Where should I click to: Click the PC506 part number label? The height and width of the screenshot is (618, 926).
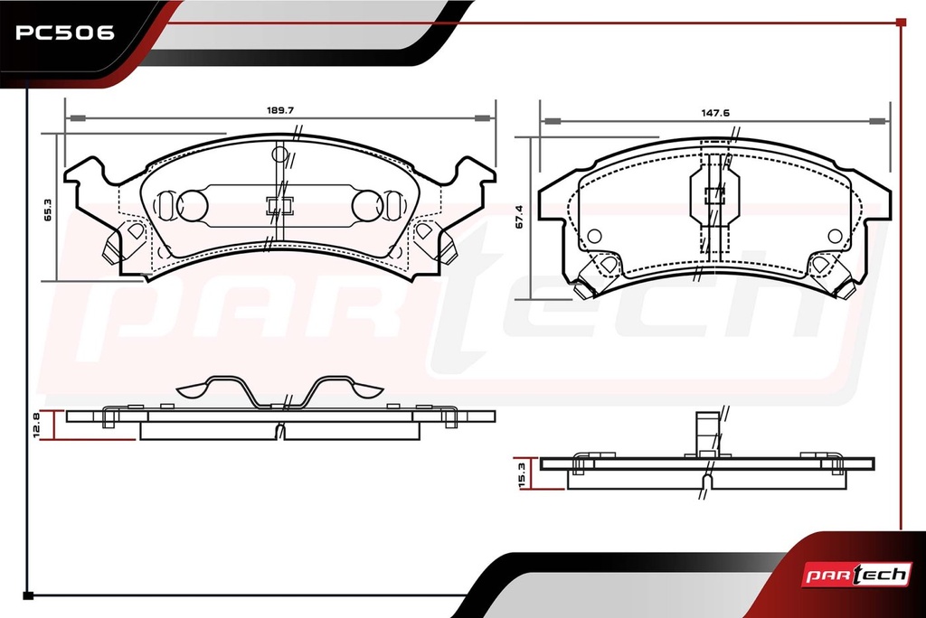click(x=64, y=33)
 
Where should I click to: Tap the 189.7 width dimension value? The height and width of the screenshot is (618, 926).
click(x=280, y=110)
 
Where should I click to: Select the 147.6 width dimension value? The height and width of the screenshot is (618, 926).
click(x=715, y=113)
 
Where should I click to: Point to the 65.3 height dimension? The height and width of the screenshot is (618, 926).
click(x=48, y=210)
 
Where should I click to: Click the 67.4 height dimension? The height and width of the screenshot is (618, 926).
click(x=519, y=217)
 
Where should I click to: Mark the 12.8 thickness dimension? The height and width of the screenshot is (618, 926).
click(x=36, y=426)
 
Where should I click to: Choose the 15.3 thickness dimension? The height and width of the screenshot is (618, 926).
click(x=522, y=475)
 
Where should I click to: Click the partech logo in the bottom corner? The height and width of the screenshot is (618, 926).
click(x=855, y=575)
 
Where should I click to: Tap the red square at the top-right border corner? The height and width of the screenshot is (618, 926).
click(x=901, y=23)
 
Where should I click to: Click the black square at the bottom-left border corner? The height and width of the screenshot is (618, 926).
click(x=28, y=595)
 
